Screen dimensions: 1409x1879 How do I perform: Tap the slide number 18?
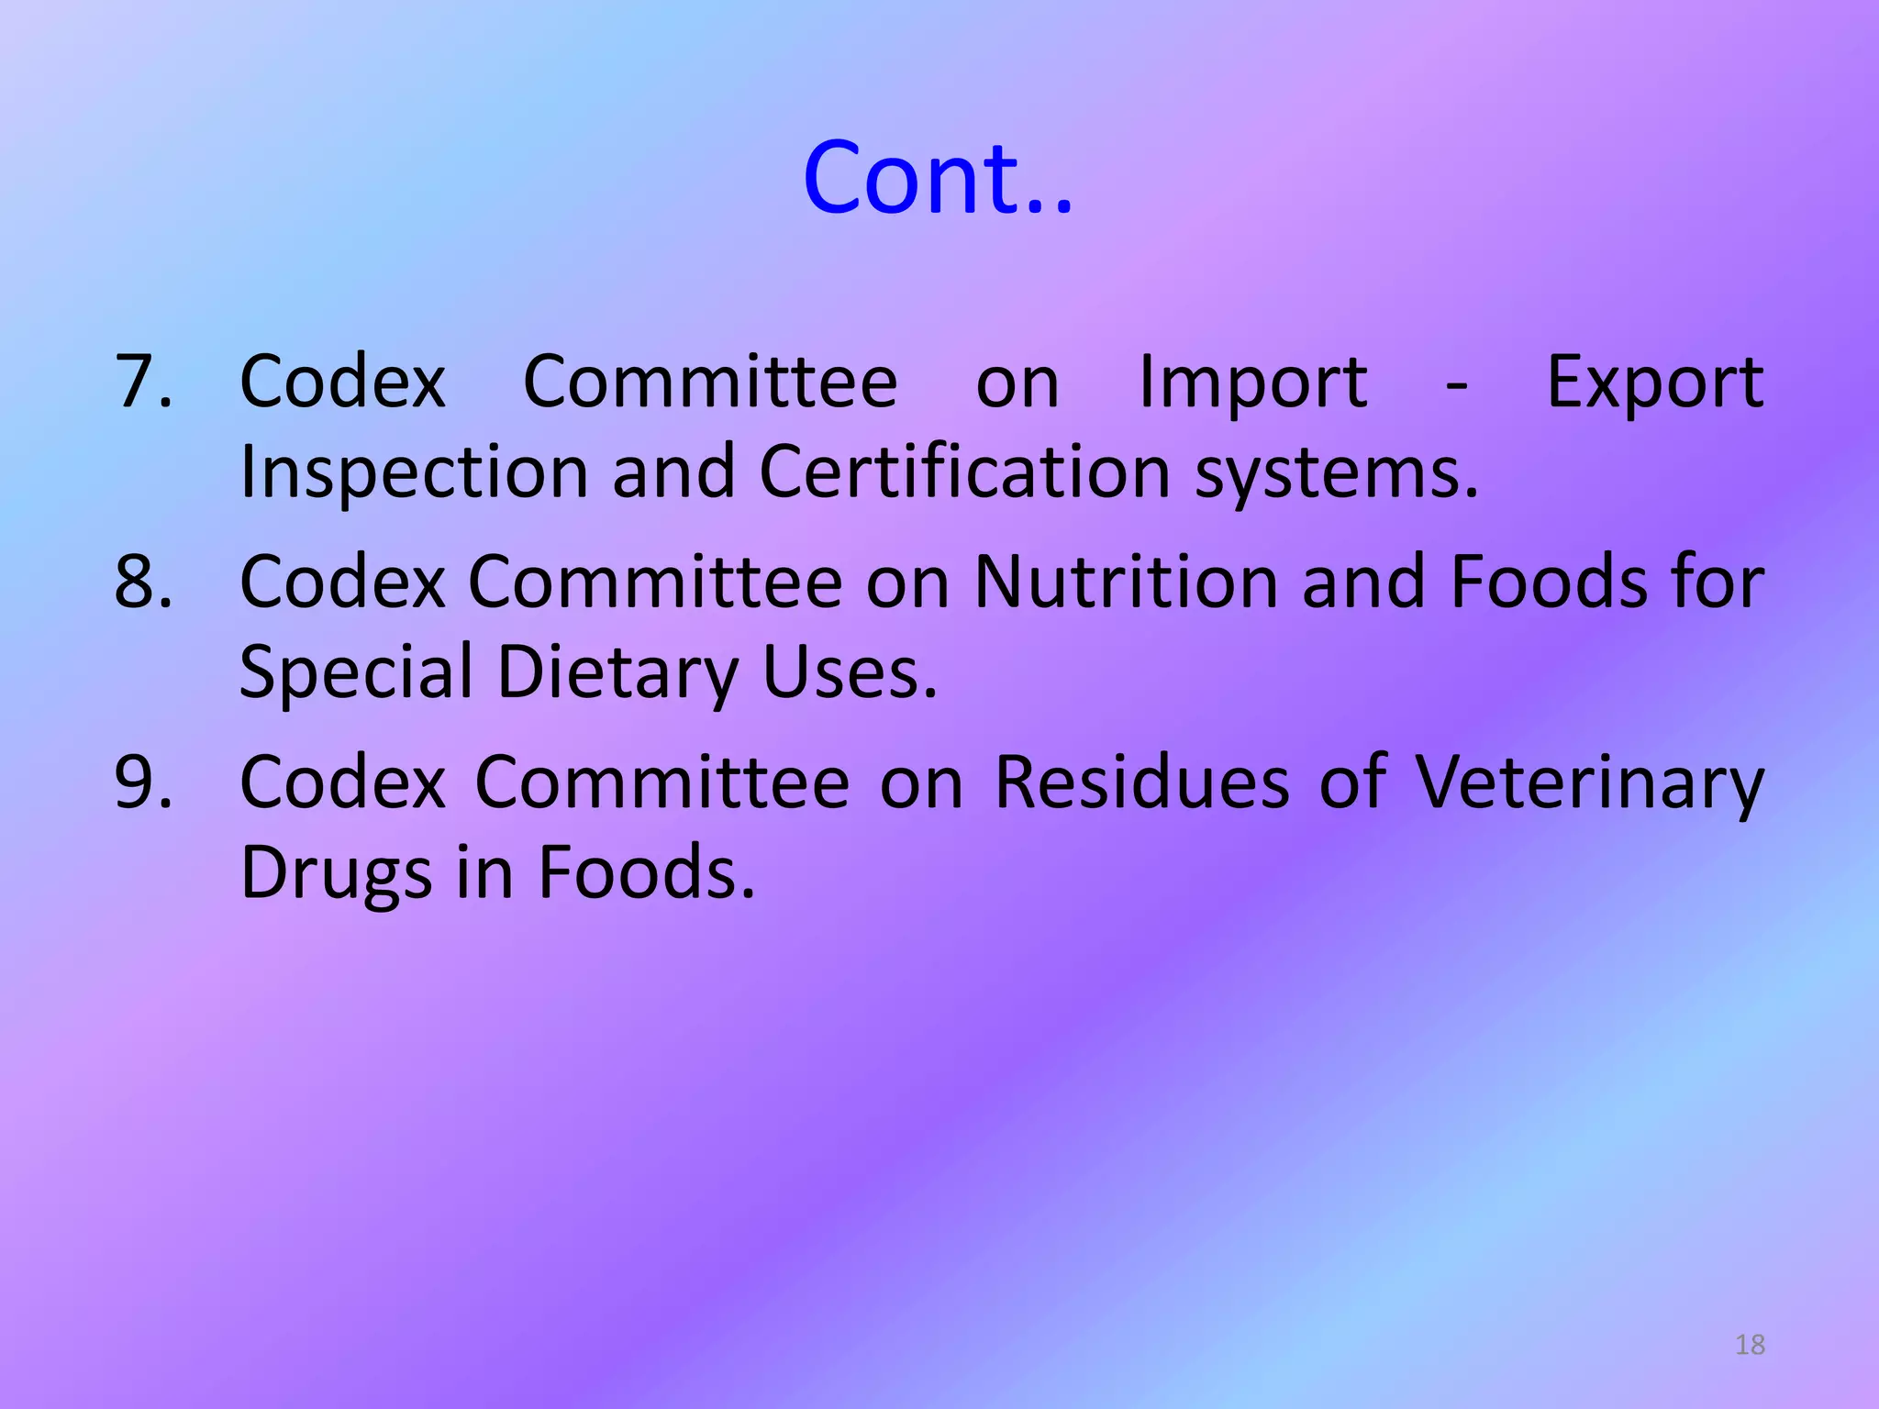[1750, 1345]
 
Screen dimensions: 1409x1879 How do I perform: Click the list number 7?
[143, 382]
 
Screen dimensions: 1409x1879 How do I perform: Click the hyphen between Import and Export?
[1456, 385]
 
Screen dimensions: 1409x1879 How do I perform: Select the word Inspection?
[413, 473]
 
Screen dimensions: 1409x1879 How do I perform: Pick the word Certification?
[964, 472]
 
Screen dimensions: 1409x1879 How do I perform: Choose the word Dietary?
[617, 673]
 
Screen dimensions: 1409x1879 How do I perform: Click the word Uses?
[850, 671]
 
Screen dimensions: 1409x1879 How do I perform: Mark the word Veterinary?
[1588, 783]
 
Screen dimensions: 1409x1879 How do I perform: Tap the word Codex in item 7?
[342, 382]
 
